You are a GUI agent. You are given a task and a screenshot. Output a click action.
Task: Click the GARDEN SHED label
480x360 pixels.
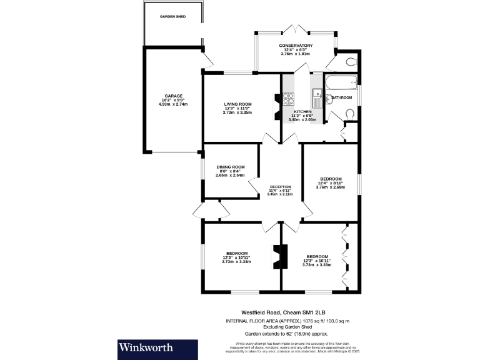pos(173,16)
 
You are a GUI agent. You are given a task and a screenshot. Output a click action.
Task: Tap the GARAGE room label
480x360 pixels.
pos(173,96)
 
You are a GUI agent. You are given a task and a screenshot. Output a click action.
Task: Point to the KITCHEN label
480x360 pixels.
pos(302,111)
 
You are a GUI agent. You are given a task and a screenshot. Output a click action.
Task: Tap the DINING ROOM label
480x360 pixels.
pos(231,167)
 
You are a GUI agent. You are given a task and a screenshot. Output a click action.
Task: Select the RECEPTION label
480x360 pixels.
pos(281,187)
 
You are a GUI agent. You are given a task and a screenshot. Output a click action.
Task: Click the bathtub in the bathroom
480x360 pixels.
pos(341,82)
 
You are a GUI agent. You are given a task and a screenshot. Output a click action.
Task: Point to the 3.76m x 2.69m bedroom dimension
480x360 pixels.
pos(331,187)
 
